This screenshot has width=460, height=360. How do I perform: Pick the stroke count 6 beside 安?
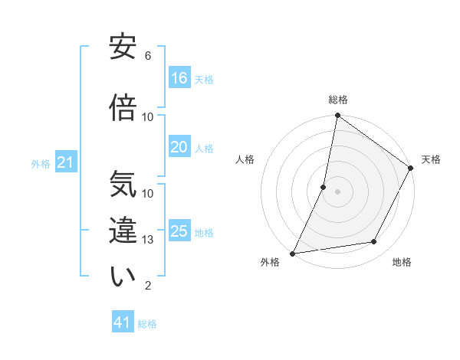pyautogui.click(x=148, y=56)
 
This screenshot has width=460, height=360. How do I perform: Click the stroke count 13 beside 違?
pyautogui.click(x=149, y=240)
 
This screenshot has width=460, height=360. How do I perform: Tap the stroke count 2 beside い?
pyautogui.click(x=148, y=286)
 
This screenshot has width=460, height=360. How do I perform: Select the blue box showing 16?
pyautogui.click(x=179, y=77)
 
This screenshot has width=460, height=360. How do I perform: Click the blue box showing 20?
pyautogui.click(x=179, y=147)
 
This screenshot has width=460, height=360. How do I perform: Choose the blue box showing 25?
pyautogui.click(x=179, y=231)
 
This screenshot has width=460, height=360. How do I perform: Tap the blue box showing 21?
pyautogui.click(x=66, y=162)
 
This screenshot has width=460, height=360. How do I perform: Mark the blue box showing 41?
pyautogui.click(x=123, y=322)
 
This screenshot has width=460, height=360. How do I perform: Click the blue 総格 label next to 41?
pyautogui.click(x=147, y=324)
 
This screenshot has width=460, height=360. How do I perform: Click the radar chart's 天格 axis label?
pyautogui.click(x=431, y=159)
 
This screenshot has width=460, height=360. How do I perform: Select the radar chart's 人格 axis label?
pyautogui.click(x=245, y=159)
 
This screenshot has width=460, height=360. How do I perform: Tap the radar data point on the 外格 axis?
pyautogui.click(x=293, y=254)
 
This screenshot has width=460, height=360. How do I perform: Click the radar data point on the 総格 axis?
pyautogui.click(x=337, y=116)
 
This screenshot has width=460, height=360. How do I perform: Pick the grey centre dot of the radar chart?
pyautogui.click(x=337, y=191)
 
